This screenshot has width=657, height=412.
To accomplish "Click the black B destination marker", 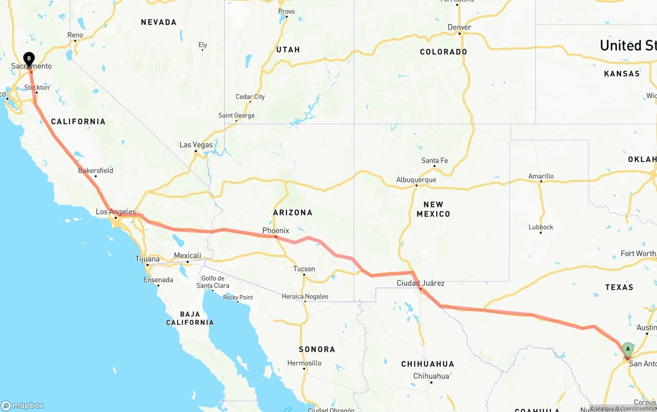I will coord(29,58).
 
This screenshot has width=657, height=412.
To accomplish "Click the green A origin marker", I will coord(627,350).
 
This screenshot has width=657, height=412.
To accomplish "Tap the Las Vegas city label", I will coord(196,145).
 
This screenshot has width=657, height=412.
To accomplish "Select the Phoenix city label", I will coord(276,230).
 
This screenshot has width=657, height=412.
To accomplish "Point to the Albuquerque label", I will coord(416,180).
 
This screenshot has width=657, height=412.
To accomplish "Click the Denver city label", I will coord(459,27).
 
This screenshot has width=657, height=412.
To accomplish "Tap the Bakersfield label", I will coord(95,170).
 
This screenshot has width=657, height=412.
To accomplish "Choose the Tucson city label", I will coord(304,268).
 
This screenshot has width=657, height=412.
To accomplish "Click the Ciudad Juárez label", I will coord(420,283).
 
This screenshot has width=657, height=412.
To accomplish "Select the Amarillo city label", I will coord(541,176).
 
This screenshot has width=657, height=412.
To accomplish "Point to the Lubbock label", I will coord(541,227).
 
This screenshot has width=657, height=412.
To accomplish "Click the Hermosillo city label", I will coord(304,363).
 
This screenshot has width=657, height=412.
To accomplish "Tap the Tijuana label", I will coord(147,259).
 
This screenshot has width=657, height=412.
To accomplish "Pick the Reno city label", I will coord(75,35).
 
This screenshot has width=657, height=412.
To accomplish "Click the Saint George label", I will coord(236,115).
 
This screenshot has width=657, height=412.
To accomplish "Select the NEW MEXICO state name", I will coord(433,209).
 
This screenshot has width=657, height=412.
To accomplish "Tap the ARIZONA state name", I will coord(293,212).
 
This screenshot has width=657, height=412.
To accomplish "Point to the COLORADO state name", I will coord(443,52).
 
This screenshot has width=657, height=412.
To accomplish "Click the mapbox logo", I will coord(23,405).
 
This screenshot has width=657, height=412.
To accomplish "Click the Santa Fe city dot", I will coord(434,166).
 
